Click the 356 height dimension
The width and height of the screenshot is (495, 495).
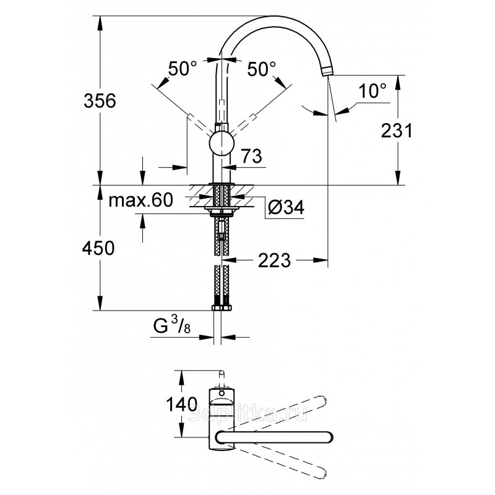pos(99,101)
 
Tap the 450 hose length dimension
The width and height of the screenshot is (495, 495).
pos(99,249)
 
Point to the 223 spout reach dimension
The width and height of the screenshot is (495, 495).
pos(273,260)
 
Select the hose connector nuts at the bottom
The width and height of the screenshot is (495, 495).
pos(222,307)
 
